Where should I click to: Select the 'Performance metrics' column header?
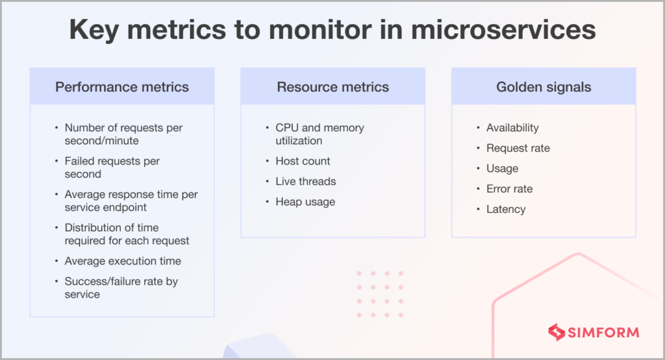(x=122, y=87)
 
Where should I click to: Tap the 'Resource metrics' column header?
(x=332, y=87)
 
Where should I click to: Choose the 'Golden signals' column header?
(x=544, y=87)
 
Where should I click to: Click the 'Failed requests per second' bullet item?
(x=112, y=168)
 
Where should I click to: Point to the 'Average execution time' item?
(x=123, y=261)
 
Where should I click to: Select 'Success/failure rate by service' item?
(x=121, y=288)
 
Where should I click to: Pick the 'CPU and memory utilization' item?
(x=320, y=135)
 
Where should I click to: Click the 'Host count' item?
(x=303, y=161)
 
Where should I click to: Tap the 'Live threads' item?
(x=305, y=181)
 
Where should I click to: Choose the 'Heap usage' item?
(x=305, y=202)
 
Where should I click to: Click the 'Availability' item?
(x=512, y=128)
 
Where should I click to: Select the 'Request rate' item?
(x=518, y=148)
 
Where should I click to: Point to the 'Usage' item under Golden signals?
(x=502, y=168)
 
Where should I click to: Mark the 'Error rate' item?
(x=509, y=189)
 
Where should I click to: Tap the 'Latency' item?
(x=506, y=209)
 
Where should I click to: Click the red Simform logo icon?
(x=556, y=332)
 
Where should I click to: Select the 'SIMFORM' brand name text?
(x=603, y=333)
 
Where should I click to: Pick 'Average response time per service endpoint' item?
(x=131, y=201)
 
